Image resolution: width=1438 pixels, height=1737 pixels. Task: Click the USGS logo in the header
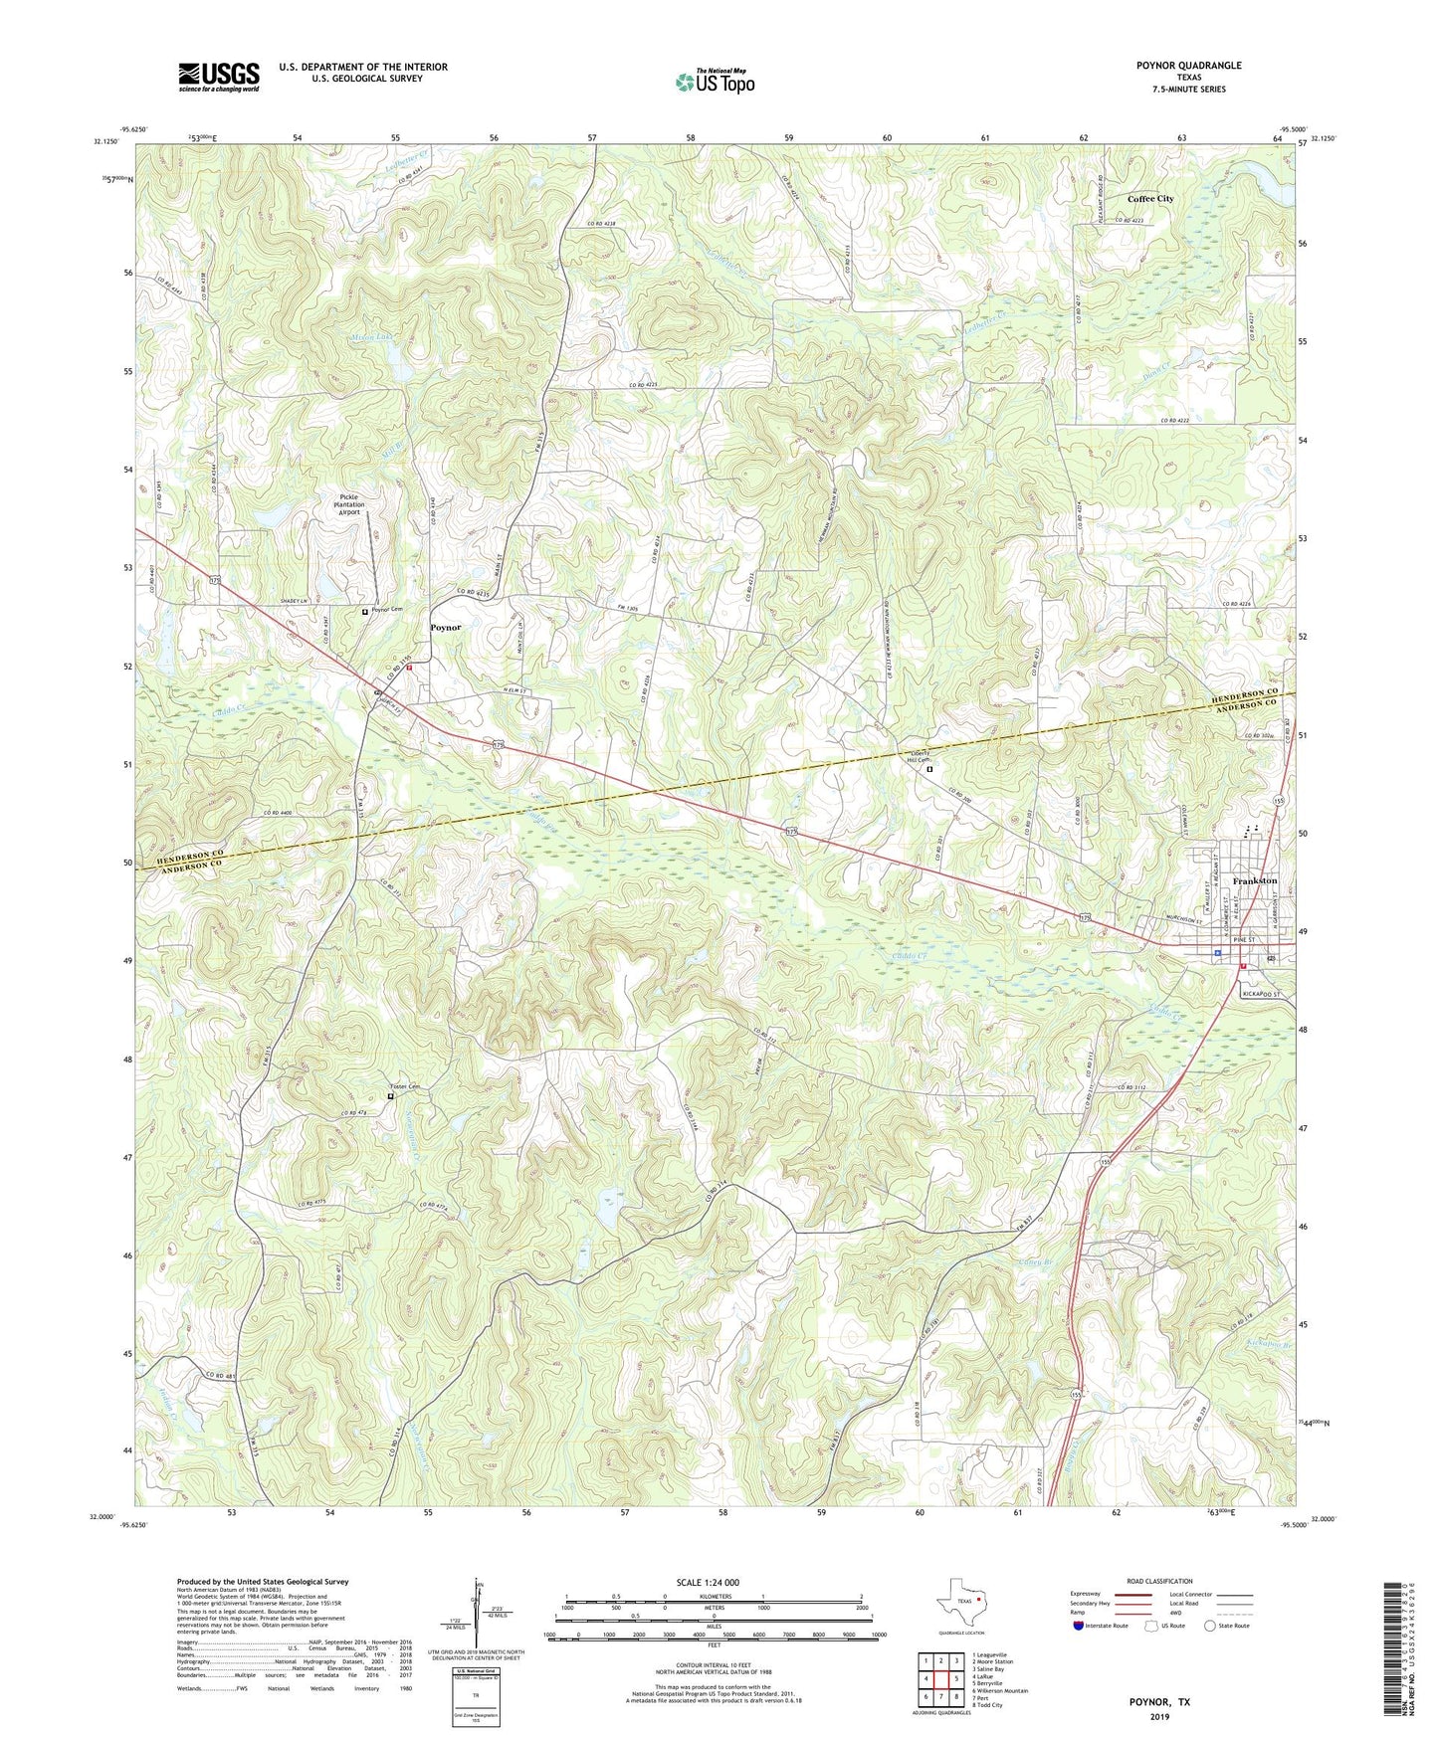(x=219, y=77)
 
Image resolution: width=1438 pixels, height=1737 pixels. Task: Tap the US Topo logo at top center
(x=714, y=82)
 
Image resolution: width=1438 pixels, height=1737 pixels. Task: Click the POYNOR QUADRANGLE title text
(x=1184, y=66)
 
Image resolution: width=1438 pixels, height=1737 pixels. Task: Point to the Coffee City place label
(x=1149, y=199)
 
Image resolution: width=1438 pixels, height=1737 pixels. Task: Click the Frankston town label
(x=1254, y=881)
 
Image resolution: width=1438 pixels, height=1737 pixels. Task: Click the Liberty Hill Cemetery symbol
(x=929, y=769)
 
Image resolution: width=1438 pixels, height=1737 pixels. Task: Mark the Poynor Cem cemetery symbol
(x=365, y=612)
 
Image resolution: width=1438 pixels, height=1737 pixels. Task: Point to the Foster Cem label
(x=404, y=1086)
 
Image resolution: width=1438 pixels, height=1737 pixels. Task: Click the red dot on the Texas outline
(x=979, y=1603)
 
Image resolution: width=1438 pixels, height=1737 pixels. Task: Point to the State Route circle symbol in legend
(x=1209, y=1626)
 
